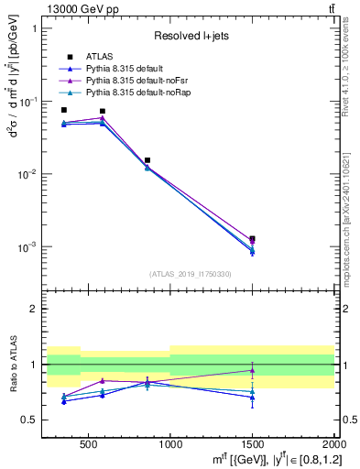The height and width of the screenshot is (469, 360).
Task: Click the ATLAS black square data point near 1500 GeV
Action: pos(252,239)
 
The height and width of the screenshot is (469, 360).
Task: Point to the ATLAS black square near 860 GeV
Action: pos(147,160)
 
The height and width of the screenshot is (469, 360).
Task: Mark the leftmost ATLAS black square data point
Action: pos(63,110)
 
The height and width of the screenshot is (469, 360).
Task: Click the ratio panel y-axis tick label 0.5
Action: pos(29,420)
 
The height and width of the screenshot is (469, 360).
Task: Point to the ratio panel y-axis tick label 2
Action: pos(35,309)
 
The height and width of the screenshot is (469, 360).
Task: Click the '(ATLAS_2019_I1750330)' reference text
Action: pos(191,273)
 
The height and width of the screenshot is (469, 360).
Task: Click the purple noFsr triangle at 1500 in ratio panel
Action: pos(252,371)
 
